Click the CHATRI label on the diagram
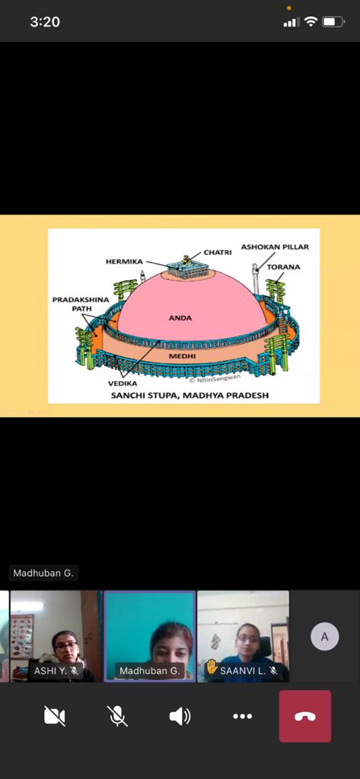[x=217, y=253]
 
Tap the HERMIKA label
[x=124, y=262]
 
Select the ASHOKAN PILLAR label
[x=275, y=247]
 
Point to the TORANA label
[x=283, y=267]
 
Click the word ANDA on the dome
[x=180, y=318]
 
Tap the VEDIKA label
[x=123, y=383]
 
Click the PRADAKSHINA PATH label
[x=81, y=304]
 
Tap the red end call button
[x=304, y=716]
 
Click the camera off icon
[x=55, y=716]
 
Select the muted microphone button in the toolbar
[x=117, y=716]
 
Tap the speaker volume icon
[x=180, y=716]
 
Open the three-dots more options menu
[x=243, y=716]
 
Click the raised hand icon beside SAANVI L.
[x=212, y=666]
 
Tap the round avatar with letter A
[x=325, y=637]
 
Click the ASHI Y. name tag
[x=56, y=671]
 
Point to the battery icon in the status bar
[x=333, y=22]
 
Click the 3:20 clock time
[x=45, y=22]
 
